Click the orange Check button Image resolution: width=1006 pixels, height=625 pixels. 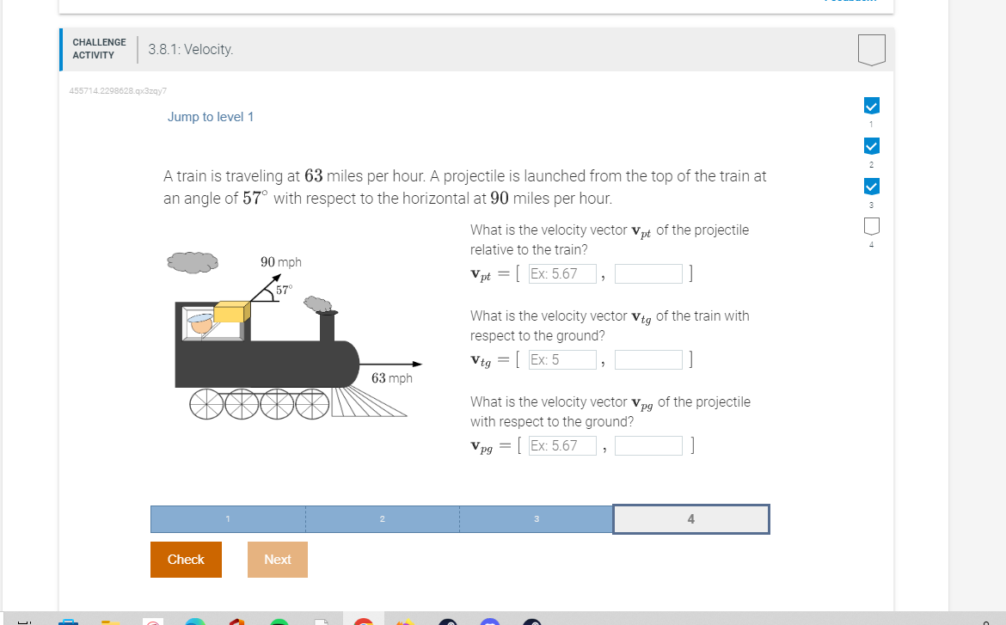click(x=186, y=560)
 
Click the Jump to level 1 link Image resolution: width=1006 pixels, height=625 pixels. click(x=211, y=117)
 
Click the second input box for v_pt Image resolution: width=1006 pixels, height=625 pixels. click(x=648, y=274)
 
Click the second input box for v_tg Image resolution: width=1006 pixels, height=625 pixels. click(x=648, y=360)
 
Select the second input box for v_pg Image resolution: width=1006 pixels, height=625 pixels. click(x=648, y=445)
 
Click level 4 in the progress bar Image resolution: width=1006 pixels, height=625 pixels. click(x=690, y=519)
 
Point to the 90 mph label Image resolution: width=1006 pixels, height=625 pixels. click(x=280, y=262)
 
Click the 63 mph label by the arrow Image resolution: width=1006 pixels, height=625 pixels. click(x=391, y=378)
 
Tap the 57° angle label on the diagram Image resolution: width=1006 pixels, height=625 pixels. click(x=284, y=291)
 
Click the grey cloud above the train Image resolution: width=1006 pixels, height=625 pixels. click(x=193, y=261)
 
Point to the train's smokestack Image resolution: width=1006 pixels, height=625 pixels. click(x=327, y=326)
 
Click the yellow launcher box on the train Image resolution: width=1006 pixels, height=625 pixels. click(x=231, y=313)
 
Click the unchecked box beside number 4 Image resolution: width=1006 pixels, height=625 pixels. click(x=871, y=227)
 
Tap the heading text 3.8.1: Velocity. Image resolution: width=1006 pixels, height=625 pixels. click(x=190, y=50)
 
